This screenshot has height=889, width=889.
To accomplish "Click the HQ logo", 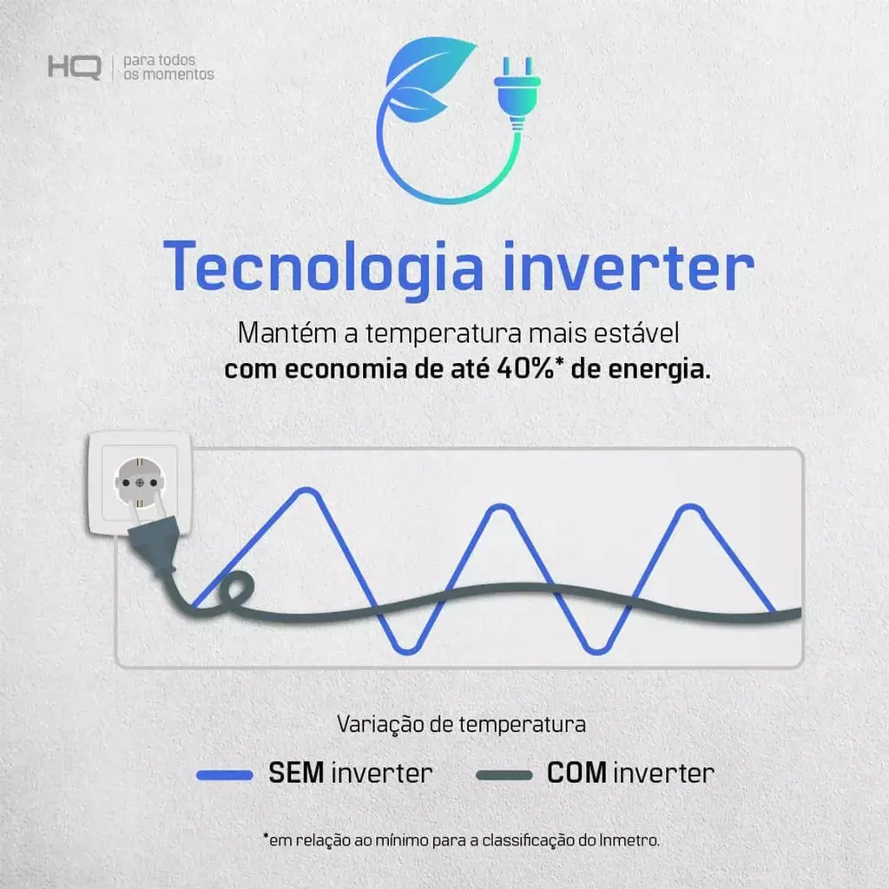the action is [x=75, y=68].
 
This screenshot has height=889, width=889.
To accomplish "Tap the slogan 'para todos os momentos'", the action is [x=168, y=68].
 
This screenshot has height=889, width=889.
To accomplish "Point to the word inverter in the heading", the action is [x=629, y=266].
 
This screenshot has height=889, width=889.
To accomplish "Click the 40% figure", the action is [x=525, y=368].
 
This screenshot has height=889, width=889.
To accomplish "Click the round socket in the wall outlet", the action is [x=140, y=483].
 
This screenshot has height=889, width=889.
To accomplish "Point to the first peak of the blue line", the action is [x=306, y=492].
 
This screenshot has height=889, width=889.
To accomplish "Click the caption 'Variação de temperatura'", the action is [x=461, y=724].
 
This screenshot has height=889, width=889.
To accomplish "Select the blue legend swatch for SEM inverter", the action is [x=225, y=775].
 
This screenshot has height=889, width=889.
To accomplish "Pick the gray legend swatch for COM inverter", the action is [x=504, y=775].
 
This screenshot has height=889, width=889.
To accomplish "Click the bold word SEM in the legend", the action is [x=295, y=773].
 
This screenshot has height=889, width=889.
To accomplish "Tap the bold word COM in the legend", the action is [x=576, y=773].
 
